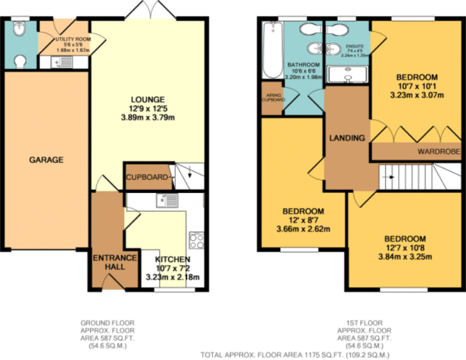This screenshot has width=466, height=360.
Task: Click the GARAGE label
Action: coord(46,160)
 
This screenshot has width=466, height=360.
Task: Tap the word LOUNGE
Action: coord(147,99)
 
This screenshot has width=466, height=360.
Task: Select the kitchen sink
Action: coord(167,200)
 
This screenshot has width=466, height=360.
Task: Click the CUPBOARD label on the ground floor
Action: coord(147,178)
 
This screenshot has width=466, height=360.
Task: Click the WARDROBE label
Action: coord(438,151)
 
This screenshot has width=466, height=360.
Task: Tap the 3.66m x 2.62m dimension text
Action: coord(304,228)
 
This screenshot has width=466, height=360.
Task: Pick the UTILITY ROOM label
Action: coord(74,38)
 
